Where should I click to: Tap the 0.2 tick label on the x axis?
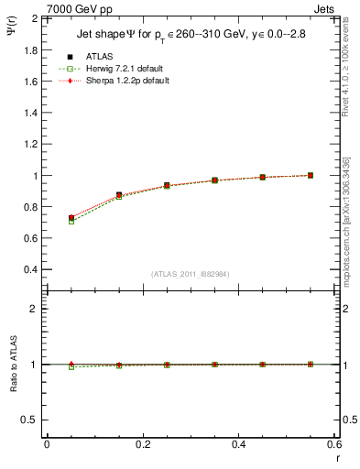143,444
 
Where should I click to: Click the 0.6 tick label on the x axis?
334,444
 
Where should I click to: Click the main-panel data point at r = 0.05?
71,218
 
